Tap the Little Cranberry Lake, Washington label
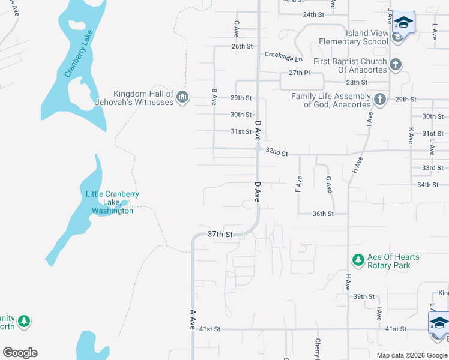112,202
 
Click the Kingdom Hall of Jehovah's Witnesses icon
182,97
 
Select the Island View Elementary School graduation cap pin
404,25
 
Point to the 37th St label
220,233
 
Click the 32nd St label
277,154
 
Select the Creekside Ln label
283,55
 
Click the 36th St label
323,214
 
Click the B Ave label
214,97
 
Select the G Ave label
328,184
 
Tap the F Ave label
298,184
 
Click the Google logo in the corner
20,353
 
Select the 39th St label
364,296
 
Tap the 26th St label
242,46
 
